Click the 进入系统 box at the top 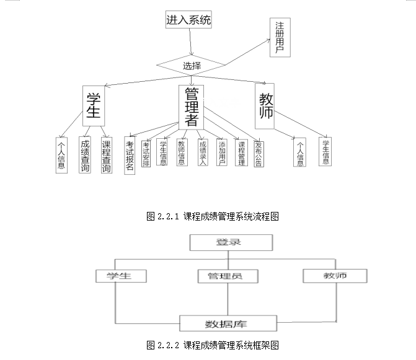(189, 20)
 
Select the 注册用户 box (280, 38)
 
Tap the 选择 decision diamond (191, 65)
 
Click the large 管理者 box (191, 107)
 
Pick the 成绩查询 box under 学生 (85, 154)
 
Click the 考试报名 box (130, 156)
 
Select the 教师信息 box (182, 152)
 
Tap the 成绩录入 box (202, 151)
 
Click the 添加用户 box (222, 152)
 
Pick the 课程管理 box (242, 152)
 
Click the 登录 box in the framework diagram (228, 243)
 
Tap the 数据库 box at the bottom (227, 323)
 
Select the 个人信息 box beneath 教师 (301, 152)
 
